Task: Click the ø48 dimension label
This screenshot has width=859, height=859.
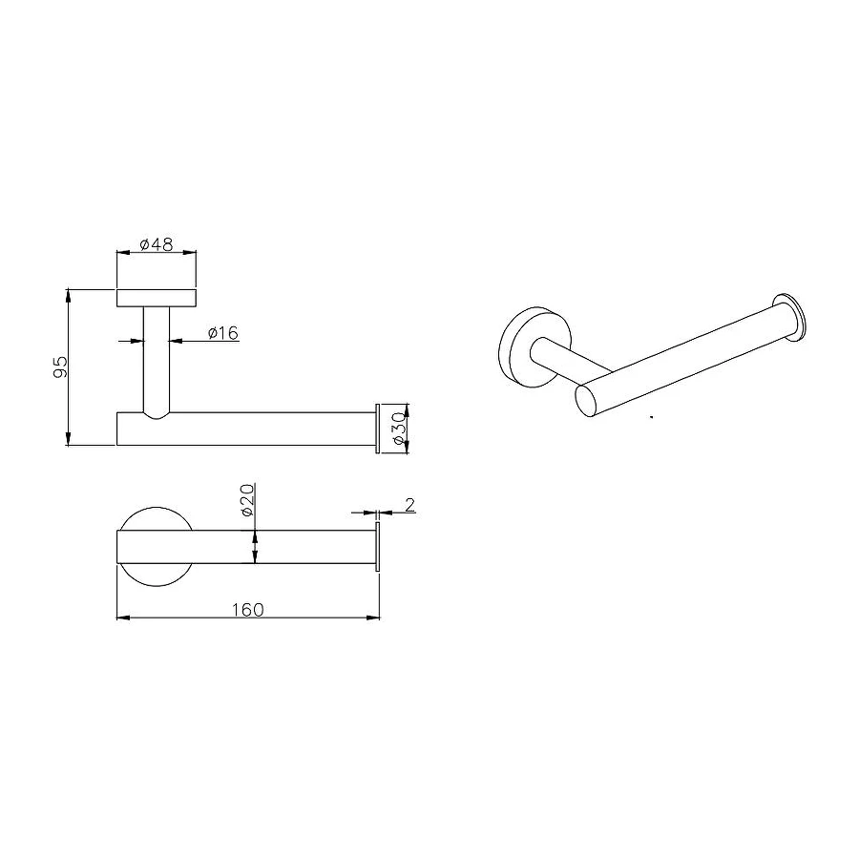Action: pyautogui.click(x=157, y=244)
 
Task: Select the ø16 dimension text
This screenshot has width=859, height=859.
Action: pyautogui.click(x=223, y=332)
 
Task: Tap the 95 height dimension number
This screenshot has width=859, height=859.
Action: pyautogui.click(x=60, y=367)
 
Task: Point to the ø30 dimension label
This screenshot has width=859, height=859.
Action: pyautogui.click(x=400, y=429)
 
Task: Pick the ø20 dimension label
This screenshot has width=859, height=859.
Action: pyautogui.click(x=246, y=499)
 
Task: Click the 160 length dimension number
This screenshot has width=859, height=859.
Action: pyautogui.click(x=247, y=610)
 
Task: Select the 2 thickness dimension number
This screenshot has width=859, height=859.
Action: pyautogui.click(x=409, y=505)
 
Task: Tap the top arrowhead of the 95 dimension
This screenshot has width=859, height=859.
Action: pyautogui.click(x=68, y=295)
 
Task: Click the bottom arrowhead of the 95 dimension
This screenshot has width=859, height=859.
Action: pyautogui.click(x=68, y=439)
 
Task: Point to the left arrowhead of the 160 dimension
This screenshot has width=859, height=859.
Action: pyautogui.click(x=123, y=618)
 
